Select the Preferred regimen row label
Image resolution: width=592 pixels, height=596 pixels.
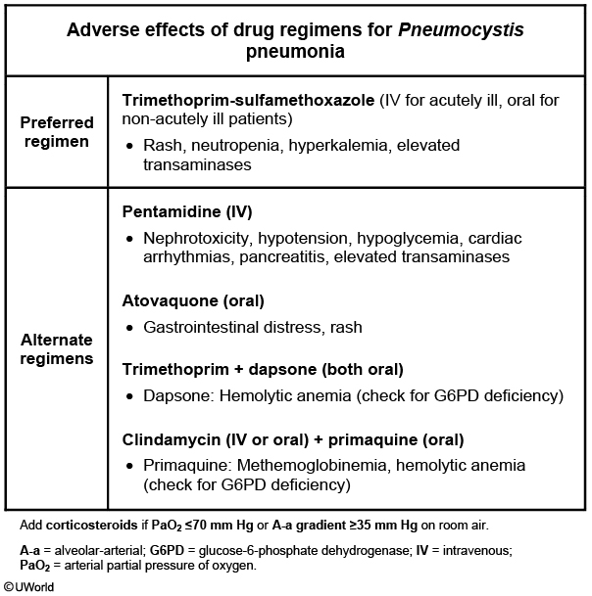pos(57,132)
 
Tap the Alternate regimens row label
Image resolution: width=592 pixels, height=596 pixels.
pos(57,349)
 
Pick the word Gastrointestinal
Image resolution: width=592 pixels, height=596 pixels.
pos(202,327)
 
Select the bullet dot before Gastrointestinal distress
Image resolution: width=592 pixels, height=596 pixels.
pos(130,328)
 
